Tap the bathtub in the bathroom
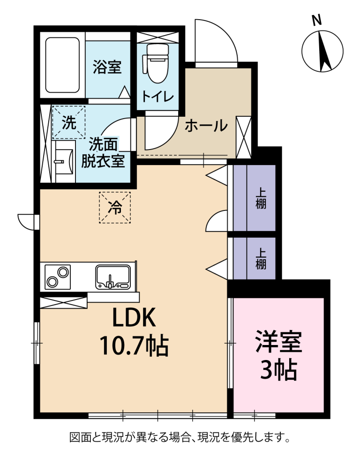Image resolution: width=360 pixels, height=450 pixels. coord(62,65)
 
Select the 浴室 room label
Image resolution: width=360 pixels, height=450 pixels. coord(107,67)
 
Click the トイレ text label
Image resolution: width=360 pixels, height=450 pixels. coord(157,97)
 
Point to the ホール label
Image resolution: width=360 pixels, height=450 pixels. coord(206,126)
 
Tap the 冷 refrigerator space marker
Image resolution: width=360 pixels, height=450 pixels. coord(115,208)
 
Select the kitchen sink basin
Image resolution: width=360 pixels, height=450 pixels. coord(113,277)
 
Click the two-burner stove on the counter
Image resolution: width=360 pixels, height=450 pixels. coord(58,277)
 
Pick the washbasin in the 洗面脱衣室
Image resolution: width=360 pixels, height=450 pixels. coord(65,161)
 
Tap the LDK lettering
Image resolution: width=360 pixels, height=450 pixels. coord(134,317)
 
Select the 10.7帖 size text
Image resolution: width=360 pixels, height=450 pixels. coord(134,346)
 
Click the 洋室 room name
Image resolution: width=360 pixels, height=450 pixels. coord(278,342)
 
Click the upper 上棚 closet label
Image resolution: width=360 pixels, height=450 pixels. coord(261,198)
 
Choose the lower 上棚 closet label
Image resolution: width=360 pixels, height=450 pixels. coord(261,259)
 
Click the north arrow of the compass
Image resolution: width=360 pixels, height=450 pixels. coord(324,51)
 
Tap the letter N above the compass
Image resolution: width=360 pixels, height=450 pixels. coord(317,21)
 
